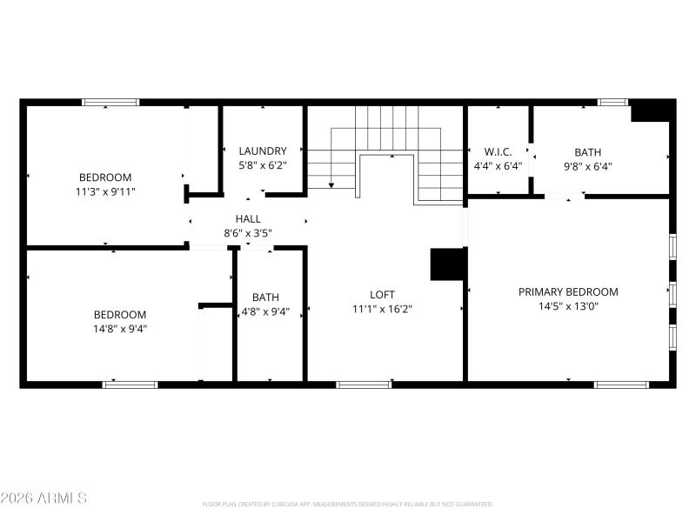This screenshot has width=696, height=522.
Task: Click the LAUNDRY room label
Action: [262, 151]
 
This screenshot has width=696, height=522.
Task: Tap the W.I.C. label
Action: [498, 151]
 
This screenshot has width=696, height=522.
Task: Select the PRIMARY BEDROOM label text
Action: [568, 291]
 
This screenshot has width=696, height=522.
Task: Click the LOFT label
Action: [382, 295]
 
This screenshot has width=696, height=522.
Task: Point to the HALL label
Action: [247, 219]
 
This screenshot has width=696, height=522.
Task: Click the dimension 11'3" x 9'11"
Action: [105, 191]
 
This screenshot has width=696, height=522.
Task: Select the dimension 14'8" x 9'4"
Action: [120, 328]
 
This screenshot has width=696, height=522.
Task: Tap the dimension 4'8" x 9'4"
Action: [265, 311]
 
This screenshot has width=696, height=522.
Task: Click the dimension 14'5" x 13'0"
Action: [568, 306]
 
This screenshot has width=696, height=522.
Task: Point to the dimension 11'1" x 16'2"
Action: [382, 309]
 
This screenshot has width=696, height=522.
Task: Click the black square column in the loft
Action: [447, 264]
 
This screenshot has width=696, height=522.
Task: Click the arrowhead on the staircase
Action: [331, 184]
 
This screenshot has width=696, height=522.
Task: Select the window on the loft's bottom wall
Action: [363, 384]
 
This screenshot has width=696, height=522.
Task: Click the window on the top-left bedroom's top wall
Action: [110, 103]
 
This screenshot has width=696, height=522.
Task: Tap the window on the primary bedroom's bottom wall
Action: [620, 384]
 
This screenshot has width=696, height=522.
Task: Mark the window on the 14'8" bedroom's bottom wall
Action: [130, 384]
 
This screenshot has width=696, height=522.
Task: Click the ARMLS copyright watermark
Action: [43, 499]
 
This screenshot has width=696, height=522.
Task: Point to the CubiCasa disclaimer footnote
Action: [348, 504]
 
